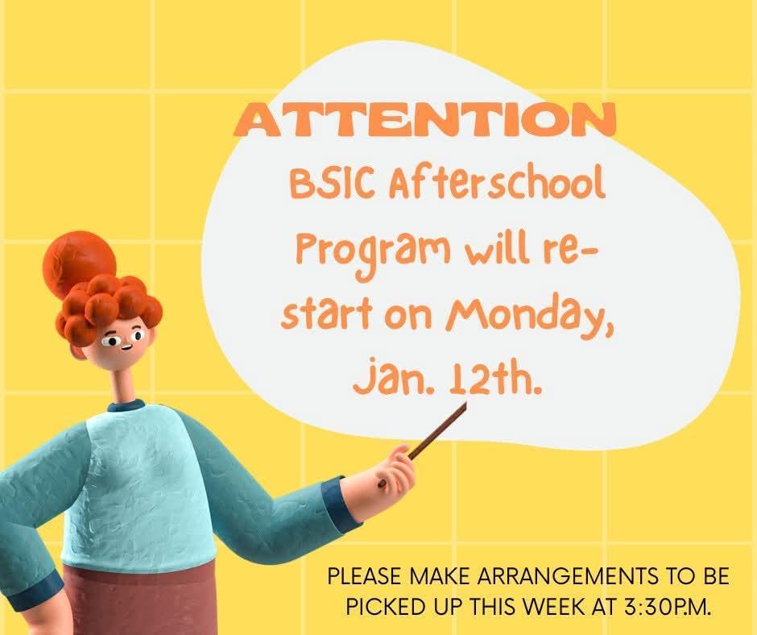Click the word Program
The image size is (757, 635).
click(x=362, y=252)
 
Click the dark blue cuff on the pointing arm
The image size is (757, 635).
click(x=341, y=504)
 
